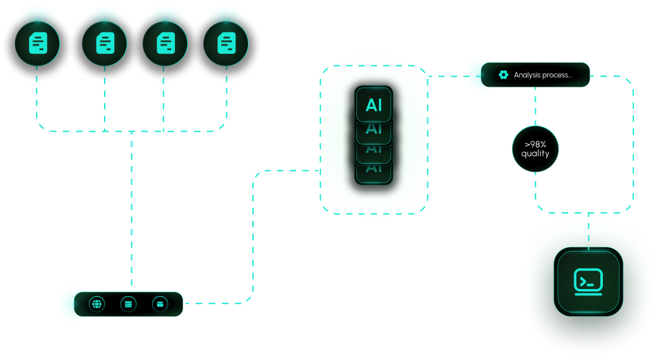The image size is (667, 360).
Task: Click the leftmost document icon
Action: tap(37, 43)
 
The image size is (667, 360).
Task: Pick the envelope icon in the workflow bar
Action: tap(160, 304)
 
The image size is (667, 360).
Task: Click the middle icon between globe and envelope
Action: tap(129, 304)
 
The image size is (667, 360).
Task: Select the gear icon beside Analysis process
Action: tap(503, 75)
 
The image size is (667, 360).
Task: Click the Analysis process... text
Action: tap(543, 75)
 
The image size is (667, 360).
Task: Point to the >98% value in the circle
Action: tap(536, 145)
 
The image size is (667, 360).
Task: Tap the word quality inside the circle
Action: tap(536, 154)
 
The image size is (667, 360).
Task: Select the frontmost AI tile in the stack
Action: tap(374, 105)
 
